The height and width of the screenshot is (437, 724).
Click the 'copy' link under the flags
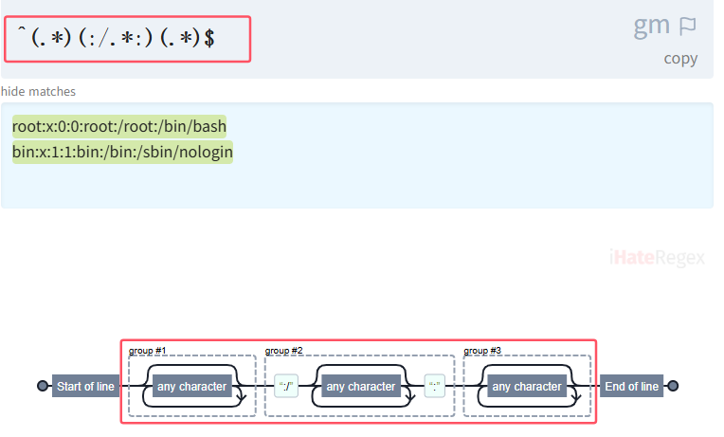pos(680,59)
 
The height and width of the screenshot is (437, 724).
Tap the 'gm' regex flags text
pos(652,26)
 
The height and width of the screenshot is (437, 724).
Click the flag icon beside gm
pos(688,27)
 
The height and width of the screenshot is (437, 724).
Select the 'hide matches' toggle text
pos(39,92)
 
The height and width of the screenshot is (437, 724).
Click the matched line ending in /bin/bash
pos(119,126)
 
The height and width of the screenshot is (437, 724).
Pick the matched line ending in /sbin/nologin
pos(122,152)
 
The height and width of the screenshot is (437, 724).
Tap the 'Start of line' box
pos(85,387)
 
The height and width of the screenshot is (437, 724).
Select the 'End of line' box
pos(631,387)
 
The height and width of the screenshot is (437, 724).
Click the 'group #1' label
pos(147,351)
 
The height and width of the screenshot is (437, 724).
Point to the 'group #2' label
pos(283,351)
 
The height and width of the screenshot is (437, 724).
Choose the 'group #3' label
pos(482,351)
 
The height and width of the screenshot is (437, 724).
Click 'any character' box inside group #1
pos(191,387)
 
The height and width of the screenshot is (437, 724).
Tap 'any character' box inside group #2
pos(360,387)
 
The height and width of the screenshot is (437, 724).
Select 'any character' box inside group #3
pos(527,387)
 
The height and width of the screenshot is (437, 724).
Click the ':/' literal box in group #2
pos(286,387)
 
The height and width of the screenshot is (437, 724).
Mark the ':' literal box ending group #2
pos(435,387)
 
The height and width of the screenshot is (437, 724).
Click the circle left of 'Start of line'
pos(42,387)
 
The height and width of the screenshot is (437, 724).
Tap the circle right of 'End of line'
pos(673,387)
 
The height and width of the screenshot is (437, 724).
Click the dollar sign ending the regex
pos(209,39)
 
